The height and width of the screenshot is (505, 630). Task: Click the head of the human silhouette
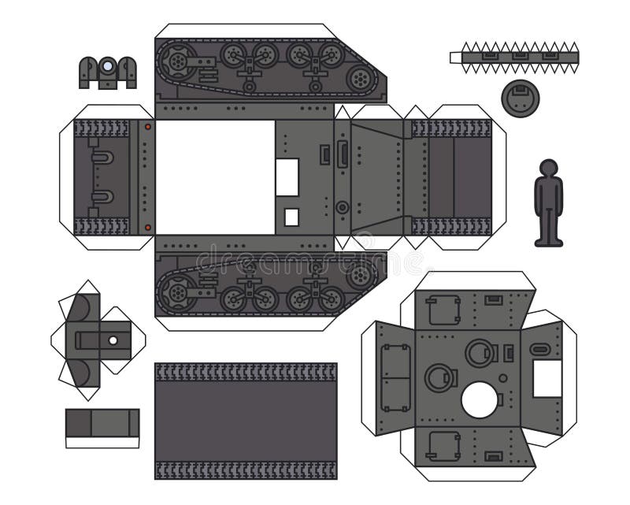(548, 167)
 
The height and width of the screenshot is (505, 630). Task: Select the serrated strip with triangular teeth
(514, 56)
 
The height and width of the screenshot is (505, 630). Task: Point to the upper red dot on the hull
(147, 126)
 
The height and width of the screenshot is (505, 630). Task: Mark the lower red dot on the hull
(147, 228)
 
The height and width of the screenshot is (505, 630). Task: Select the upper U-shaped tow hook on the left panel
(102, 158)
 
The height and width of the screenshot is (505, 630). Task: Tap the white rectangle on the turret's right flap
(547, 379)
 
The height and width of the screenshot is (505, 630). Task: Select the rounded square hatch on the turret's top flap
(442, 310)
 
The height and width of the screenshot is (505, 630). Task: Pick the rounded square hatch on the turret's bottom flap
(442, 445)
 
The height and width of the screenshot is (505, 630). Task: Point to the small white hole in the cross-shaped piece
(113, 341)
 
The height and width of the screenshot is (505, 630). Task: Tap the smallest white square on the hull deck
(291, 217)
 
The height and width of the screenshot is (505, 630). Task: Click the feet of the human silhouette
(548, 241)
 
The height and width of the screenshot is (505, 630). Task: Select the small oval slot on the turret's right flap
(540, 349)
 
